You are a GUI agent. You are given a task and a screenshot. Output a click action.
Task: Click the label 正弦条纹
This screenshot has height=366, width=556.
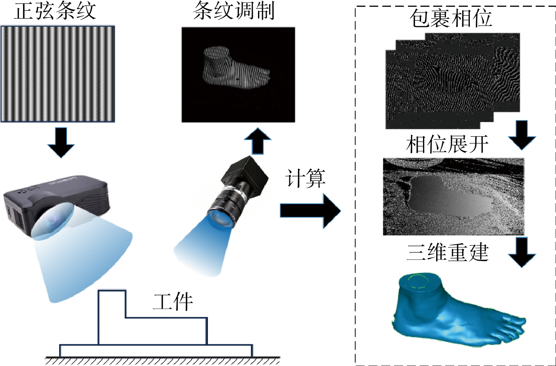[x=55, y=11]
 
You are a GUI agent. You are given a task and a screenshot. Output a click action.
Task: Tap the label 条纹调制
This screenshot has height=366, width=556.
[x=234, y=11]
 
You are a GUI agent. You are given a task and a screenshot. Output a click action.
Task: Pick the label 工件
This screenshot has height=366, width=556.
[x=173, y=302]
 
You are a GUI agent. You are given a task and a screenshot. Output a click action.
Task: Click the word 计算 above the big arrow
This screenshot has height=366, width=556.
[x=305, y=178]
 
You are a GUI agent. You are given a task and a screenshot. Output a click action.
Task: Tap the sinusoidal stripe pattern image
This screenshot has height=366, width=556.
[x=58, y=74]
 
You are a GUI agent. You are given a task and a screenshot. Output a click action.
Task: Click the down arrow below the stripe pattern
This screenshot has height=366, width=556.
[x=61, y=142]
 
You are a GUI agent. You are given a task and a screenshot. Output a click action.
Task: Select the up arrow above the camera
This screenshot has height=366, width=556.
[x=258, y=141]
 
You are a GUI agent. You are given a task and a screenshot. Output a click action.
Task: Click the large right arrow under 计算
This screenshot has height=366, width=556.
[x=310, y=210]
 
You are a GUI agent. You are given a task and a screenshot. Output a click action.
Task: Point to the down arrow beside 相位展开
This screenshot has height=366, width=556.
[x=522, y=135]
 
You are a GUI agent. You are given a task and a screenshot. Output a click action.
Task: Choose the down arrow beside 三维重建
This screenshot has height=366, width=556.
[x=522, y=252]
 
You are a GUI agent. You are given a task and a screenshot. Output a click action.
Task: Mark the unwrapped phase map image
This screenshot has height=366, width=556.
[x=453, y=197]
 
